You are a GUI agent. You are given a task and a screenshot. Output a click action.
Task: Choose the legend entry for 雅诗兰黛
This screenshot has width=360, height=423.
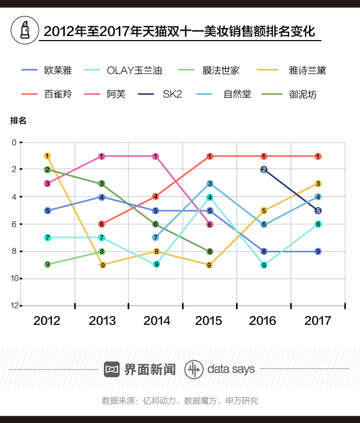pos(308,70)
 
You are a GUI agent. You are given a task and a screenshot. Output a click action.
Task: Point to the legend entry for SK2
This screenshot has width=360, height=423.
pos(172,94)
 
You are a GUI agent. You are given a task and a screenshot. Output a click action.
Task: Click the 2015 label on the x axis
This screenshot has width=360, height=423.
pos(209,321)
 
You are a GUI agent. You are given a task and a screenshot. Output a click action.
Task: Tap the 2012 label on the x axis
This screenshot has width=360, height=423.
pos(47,321)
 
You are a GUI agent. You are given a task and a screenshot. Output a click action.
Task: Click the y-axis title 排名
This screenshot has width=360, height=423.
pos(18,121)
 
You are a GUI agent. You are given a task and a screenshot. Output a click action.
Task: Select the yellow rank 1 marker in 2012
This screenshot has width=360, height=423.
pos(47,156)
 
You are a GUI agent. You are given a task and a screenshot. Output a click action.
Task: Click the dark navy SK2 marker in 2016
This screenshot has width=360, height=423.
pos(264,170)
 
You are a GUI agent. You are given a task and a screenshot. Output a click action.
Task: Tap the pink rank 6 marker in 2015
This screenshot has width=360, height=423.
pos(210,225)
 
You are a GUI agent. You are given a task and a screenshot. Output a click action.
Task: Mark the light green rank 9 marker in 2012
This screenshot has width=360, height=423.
pos(47,265)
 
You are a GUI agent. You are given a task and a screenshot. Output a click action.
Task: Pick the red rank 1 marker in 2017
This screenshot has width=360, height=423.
pos(318,156)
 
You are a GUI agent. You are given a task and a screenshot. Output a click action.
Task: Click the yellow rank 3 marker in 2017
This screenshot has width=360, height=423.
pos(318,183)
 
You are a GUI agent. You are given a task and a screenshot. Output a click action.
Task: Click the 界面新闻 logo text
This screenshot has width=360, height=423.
pos(150,369)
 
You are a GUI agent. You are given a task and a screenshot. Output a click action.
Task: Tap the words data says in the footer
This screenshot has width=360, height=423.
pos(231,369)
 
